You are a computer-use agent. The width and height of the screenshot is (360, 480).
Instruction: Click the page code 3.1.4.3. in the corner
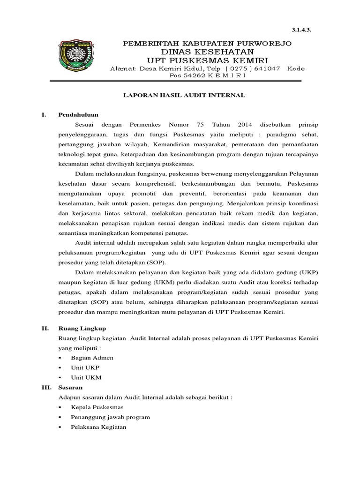click(x=302, y=29)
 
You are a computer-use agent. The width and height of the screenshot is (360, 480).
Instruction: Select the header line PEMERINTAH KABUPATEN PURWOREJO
click(x=207, y=44)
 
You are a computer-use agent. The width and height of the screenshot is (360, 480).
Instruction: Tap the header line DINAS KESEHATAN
click(x=207, y=52)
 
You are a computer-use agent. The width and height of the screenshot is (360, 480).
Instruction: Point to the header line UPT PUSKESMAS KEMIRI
click(x=207, y=60)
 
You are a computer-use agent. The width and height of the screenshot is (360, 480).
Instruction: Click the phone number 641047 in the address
click(x=266, y=68)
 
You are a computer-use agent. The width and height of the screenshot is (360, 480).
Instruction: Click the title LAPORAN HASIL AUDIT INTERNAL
click(x=184, y=95)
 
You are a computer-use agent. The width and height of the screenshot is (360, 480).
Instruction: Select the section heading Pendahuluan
click(x=78, y=114)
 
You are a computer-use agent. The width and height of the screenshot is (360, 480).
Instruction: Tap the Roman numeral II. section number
click(x=45, y=329)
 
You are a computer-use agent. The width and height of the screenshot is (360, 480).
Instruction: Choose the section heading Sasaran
click(x=70, y=388)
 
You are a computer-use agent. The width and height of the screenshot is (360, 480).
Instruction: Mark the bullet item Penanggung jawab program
click(x=110, y=417)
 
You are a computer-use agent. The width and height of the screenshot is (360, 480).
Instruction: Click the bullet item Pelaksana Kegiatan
click(x=98, y=427)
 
